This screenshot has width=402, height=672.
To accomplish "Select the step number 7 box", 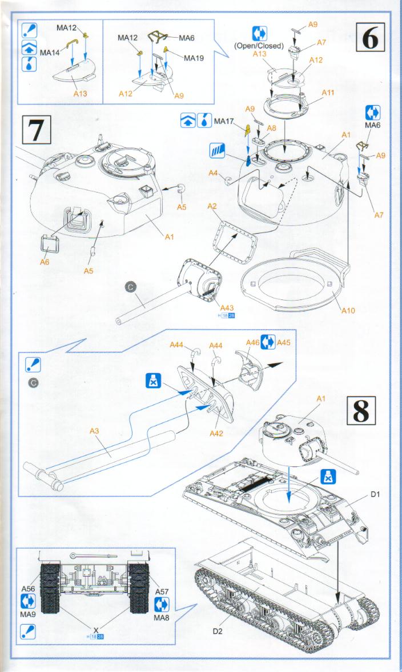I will pyautogui.click(x=35, y=130).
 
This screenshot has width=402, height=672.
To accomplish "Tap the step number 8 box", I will pyautogui.click(x=361, y=410).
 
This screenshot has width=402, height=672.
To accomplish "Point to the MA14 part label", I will pyautogui.click(x=50, y=52).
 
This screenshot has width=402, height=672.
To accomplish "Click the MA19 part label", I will pyautogui.click(x=193, y=58).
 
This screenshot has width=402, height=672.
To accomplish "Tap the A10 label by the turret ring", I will pyautogui.click(x=348, y=311).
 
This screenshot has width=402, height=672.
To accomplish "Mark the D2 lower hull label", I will pyautogui.click(x=217, y=631).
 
